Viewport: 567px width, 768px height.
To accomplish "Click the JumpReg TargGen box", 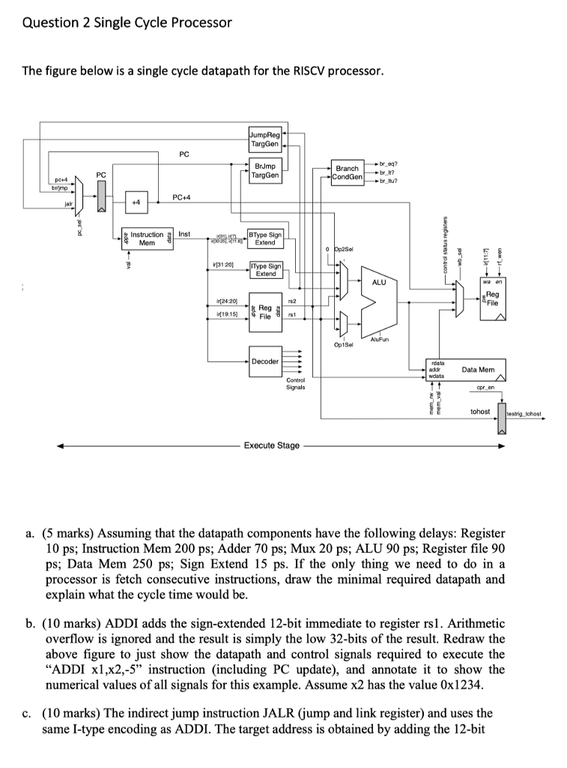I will [x=265, y=139].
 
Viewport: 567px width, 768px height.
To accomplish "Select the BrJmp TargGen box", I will [x=266, y=171].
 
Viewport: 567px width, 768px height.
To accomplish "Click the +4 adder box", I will [x=137, y=203].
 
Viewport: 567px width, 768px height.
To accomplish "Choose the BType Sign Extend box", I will [x=266, y=238].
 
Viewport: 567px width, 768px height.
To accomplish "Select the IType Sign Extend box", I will [x=266, y=270].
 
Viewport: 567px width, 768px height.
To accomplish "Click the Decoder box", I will [x=266, y=361].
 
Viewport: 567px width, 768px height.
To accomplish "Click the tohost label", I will [x=479, y=412].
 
